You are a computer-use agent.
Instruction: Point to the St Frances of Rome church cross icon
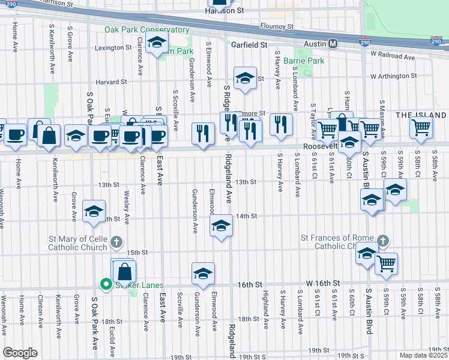pyautogui.click(x=382, y=241)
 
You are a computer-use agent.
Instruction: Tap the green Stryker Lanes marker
pyautogui.click(x=106, y=284)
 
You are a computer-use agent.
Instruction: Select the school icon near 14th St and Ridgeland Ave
pyautogui.click(x=221, y=226)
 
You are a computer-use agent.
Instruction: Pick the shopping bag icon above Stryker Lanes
pyautogui.click(x=124, y=271)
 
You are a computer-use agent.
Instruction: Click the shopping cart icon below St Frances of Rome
pyautogui.click(x=386, y=263)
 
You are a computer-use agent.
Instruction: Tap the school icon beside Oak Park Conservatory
pyautogui.click(x=157, y=43)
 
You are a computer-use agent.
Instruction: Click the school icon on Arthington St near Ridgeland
pyautogui.click(x=244, y=79)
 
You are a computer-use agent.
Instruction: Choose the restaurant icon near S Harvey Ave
pyautogui.click(x=280, y=124)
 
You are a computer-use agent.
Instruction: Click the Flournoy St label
pyautogui.click(x=277, y=26)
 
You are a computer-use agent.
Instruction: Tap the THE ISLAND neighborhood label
pyautogui.click(x=421, y=115)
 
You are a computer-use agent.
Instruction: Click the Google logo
pyautogui.click(x=20, y=353)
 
